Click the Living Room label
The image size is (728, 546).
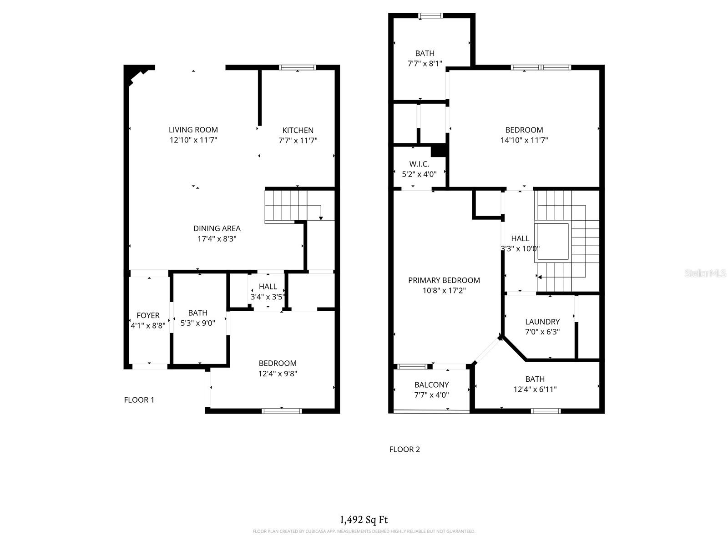pos(193,130)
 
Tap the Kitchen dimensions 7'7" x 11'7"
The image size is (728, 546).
pos(298,141)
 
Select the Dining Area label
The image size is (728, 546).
pos(217,228)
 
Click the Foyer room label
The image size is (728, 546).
pos(148,315)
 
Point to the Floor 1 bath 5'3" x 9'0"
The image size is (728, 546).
pos(198,323)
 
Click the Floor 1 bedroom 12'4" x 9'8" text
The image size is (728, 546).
pos(278,374)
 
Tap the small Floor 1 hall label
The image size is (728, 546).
pos(268,287)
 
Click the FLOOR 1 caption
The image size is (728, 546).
pos(139,400)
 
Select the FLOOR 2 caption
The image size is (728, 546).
pos(404,450)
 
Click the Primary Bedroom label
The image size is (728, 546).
pos(444,280)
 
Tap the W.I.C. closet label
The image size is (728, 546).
pos(419,164)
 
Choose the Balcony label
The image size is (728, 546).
pos(431,384)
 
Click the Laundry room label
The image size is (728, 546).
pos(542,322)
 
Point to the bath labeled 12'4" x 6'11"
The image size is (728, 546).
pos(535,389)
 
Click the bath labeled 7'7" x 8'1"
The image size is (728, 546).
pos(425,64)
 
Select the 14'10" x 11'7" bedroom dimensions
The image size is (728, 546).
pos(524,141)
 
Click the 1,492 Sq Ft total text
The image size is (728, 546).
pos(364,520)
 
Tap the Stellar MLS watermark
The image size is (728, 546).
pos(705,273)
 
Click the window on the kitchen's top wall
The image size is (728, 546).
pos(298,67)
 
